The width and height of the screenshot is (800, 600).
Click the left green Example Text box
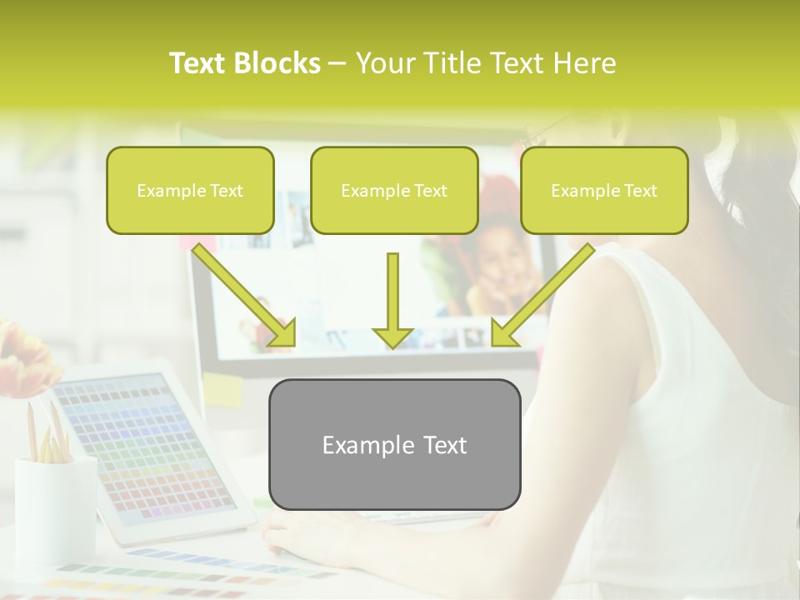pos(190,190)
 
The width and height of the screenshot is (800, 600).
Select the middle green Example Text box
pos(394,190)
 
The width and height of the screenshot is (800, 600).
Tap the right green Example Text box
pos(604,190)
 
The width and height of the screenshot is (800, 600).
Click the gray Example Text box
pos(394,444)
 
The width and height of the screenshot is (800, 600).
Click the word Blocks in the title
pos(277,63)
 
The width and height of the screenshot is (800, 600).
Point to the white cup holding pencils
pos(55,508)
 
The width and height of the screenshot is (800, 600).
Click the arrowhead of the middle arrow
pos(392,336)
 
